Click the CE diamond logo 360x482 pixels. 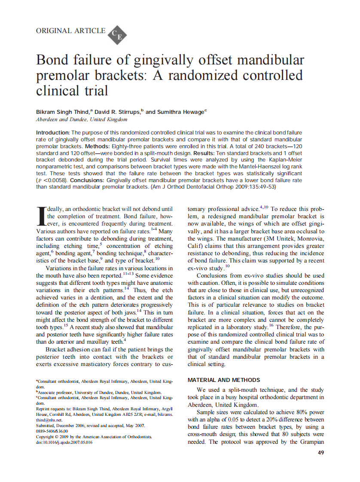[x=117, y=34]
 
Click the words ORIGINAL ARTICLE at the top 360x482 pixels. [x=70, y=31]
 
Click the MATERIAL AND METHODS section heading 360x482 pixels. [x=224, y=380]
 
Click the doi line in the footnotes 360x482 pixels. [x=64, y=442]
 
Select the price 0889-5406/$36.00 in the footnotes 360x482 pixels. [x=52, y=430]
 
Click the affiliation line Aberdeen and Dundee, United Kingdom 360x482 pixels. [x=82, y=119]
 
